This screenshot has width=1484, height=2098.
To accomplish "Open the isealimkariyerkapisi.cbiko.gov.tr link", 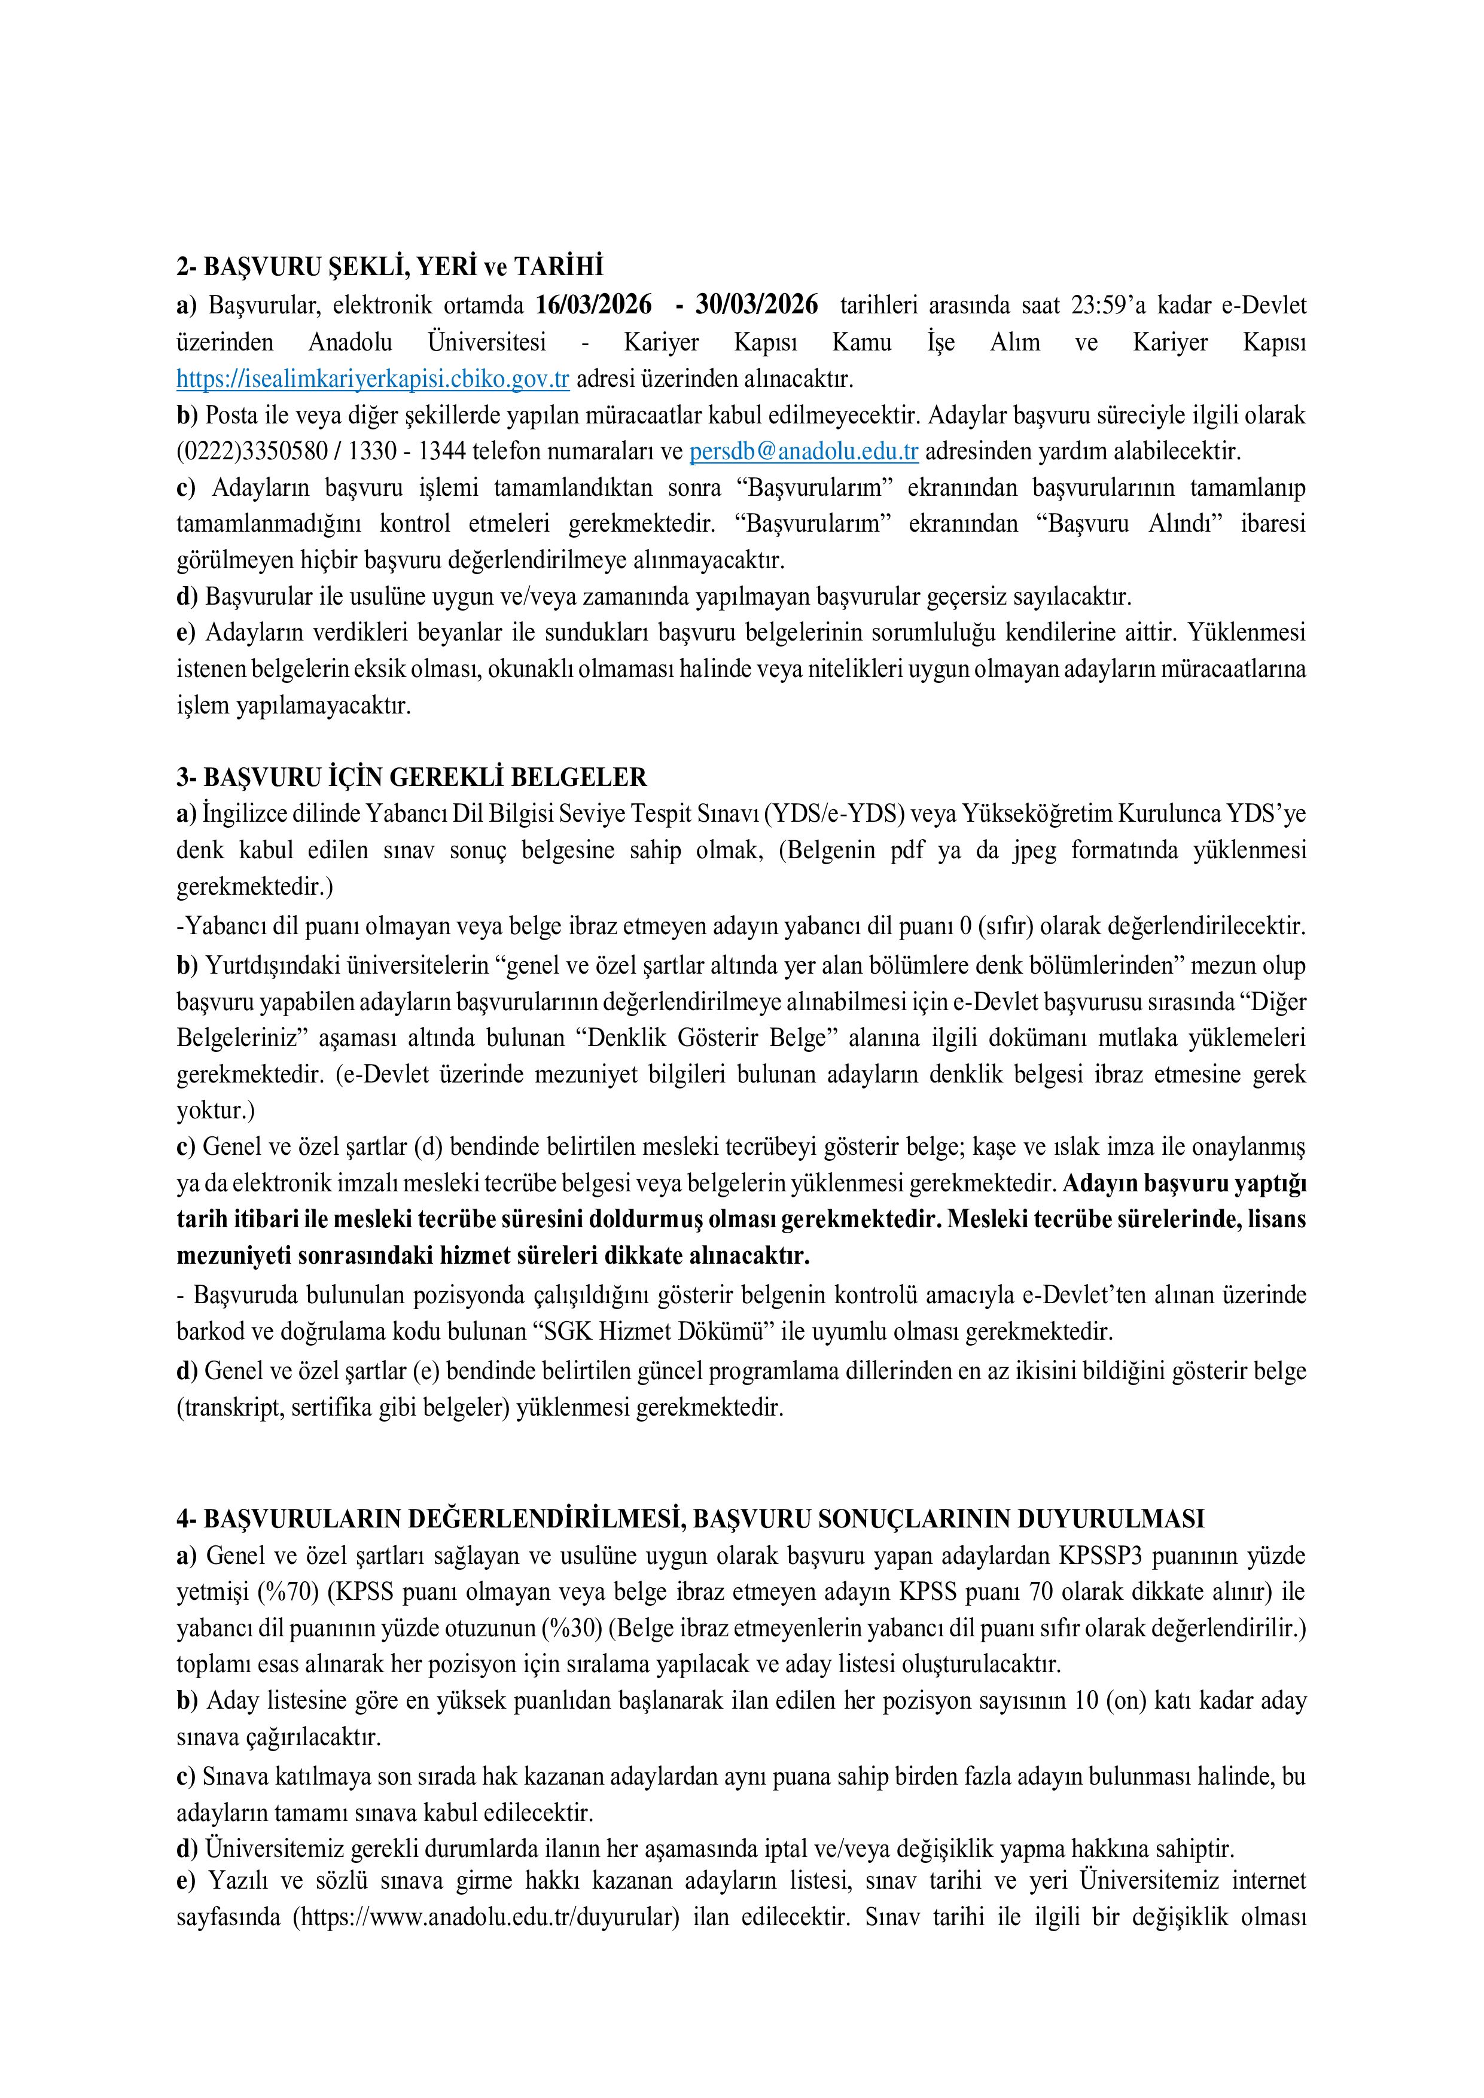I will (373, 379).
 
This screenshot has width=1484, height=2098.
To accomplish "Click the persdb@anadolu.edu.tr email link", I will (803, 452).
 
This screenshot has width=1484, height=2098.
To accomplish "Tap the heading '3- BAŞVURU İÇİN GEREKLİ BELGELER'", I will (411, 777).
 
